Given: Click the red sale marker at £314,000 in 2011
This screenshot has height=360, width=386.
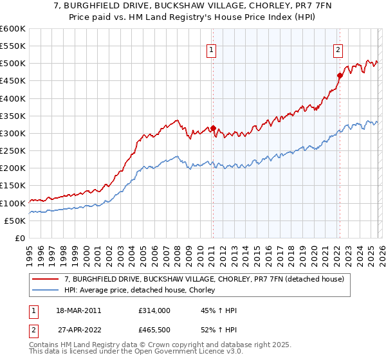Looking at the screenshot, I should pyautogui.click(x=213, y=128).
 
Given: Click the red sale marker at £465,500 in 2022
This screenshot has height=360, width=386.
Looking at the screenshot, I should pyautogui.click(x=339, y=75).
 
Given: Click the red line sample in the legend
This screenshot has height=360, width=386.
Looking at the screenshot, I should pyautogui.click(x=46, y=279).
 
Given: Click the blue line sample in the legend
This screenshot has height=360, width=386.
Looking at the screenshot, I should pyautogui.click(x=46, y=291).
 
